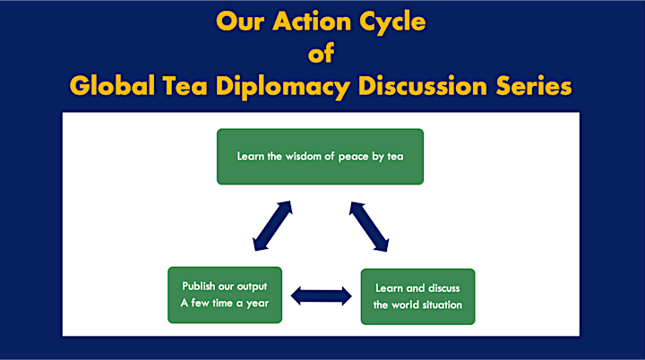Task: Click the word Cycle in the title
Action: [x=392, y=21]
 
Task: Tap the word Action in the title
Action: [x=312, y=21]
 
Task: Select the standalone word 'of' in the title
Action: [x=321, y=53]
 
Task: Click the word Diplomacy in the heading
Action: [x=282, y=87]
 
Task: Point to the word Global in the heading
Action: [x=112, y=86]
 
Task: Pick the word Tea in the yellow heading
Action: [x=185, y=86]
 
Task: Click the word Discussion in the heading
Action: [x=423, y=86]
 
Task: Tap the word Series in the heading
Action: [x=534, y=86]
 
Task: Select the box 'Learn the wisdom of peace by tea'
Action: [x=320, y=157]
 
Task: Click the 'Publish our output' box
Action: [x=225, y=295]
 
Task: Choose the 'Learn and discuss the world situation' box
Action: [x=418, y=296]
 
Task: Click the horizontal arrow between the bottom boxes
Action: [x=322, y=296]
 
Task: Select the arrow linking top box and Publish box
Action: [x=272, y=226]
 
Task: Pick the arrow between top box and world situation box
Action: [x=369, y=227]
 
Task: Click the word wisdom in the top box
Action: [x=304, y=157]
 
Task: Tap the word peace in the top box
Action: [x=353, y=158]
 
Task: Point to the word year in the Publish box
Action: [x=257, y=304]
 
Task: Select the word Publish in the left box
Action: [x=199, y=286]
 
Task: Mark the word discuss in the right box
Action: [x=443, y=288]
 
